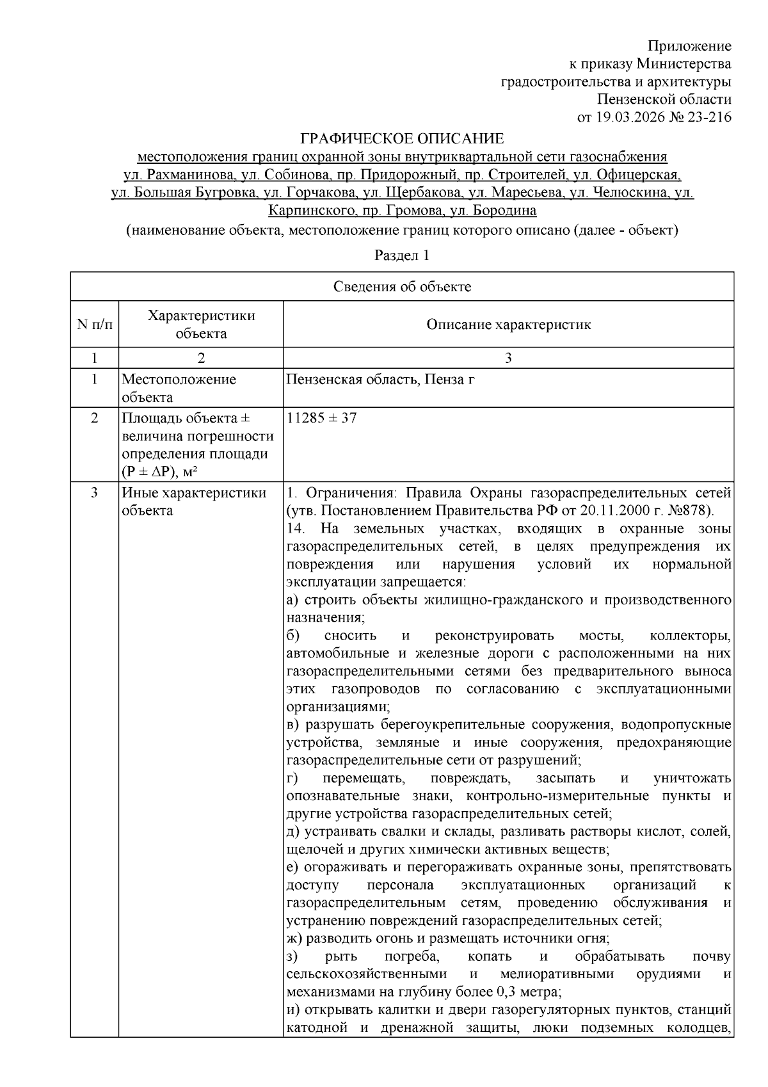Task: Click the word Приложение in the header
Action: [x=689, y=46]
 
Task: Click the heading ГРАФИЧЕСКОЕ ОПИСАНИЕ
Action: [x=403, y=138]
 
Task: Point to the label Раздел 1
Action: [x=401, y=255]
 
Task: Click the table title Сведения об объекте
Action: [x=402, y=287]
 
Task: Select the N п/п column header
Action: [x=94, y=324]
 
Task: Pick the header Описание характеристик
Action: [x=508, y=324]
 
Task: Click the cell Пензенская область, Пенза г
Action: [x=381, y=380]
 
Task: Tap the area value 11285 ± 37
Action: [x=322, y=418]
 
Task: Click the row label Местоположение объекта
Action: [x=179, y=388]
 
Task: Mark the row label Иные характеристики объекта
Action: [x=193, y=502]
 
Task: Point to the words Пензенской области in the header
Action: [x=664, y=99]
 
